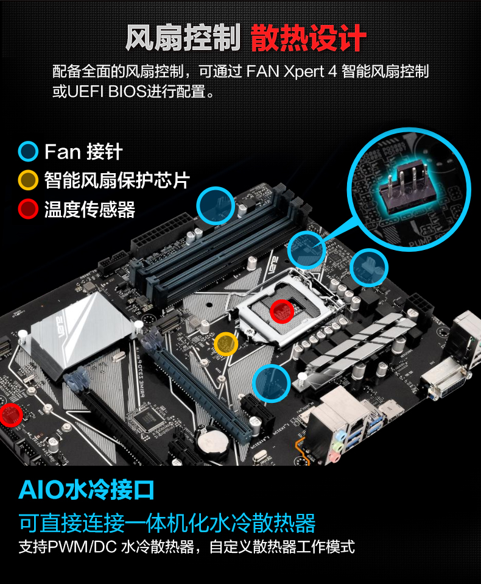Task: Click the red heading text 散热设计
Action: pyautogui.click(x=309, y=38)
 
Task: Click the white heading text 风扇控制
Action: pyautogui.click(x=183, y=38)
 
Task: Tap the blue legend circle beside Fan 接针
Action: pyautogui.click(x=28, y=152)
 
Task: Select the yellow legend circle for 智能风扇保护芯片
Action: pyautogui.click(x=28, y=180)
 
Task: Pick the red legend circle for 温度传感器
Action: pyautogui.click(x=28, y=208)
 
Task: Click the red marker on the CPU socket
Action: pyautogui.click(x=282, y=312)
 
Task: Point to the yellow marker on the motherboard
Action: pyautogui.click(x=226, y=343)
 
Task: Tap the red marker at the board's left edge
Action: pyautogui.click(x=10, y=415)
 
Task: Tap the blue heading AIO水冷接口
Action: pyautogui.click(x=86, y=490)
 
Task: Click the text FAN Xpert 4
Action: pyautogui.click(x=292, y=71)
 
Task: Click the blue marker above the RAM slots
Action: pyautogui.click(x=216, y=206)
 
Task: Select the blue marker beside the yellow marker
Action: pyautogui.click(x=271, y=383)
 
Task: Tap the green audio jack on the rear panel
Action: pyautogui.click(x=338, y=446)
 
